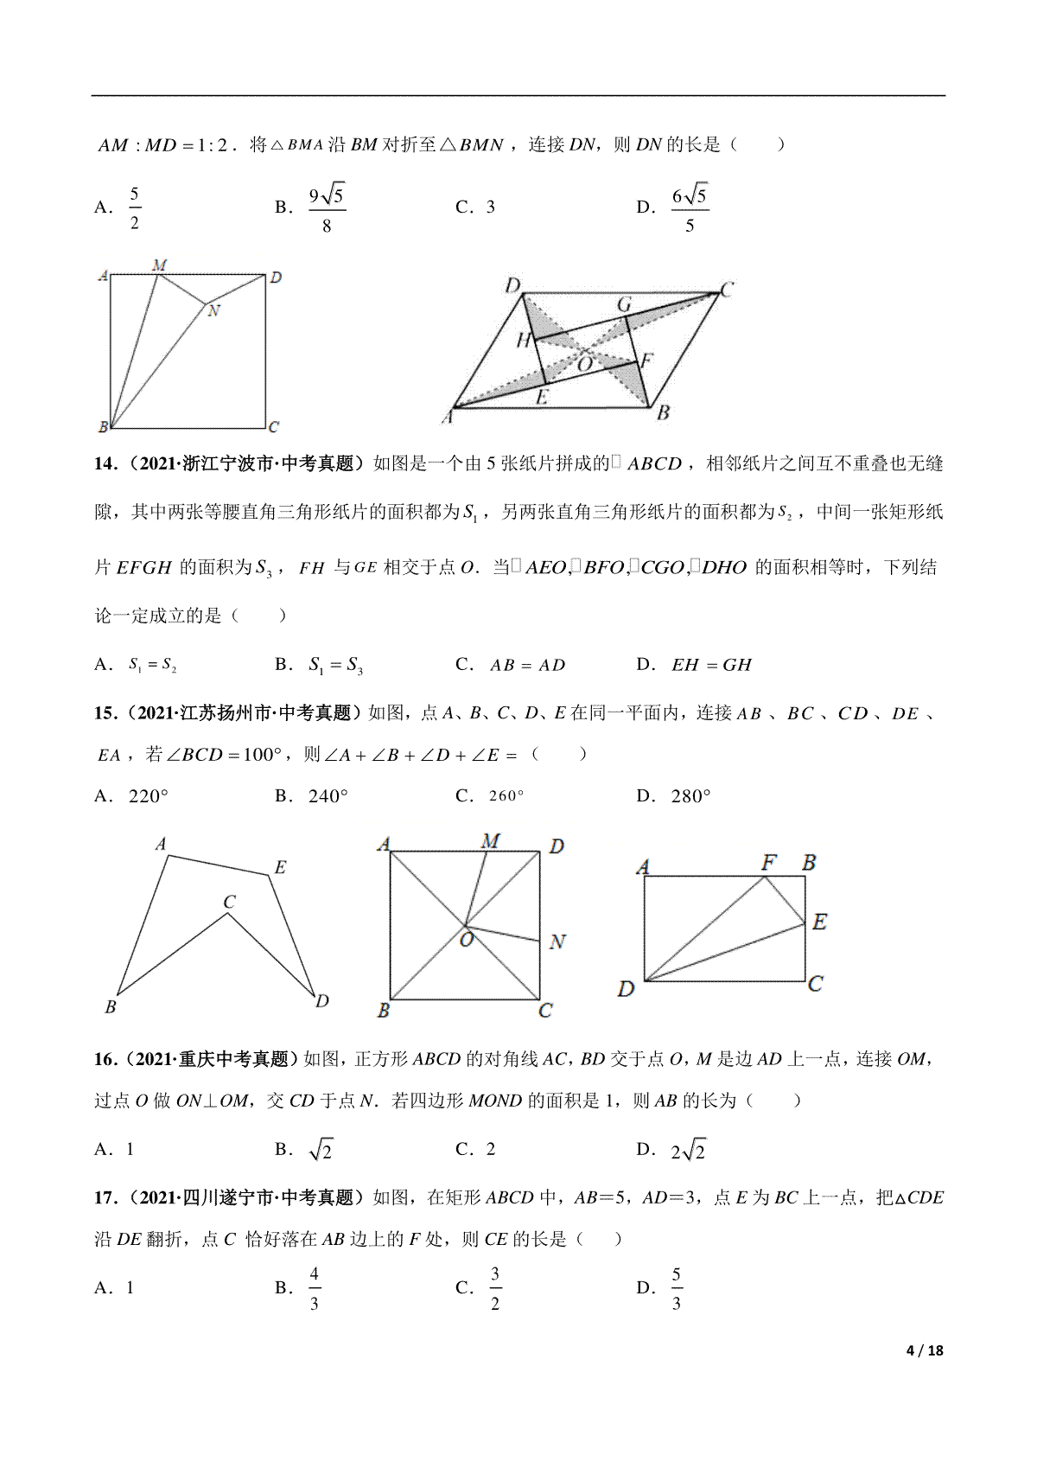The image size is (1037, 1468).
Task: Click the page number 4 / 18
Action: click(x=925, y=1350)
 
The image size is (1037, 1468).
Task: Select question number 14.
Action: click(x=105, y=464)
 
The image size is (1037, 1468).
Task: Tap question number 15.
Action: click(x=105, y=713)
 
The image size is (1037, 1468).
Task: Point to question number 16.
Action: click(x=105, y=1059)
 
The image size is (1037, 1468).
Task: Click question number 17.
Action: click(x=105, y=1197)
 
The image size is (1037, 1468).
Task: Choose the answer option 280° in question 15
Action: click(x=690, y=796)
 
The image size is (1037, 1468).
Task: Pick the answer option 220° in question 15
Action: click(x=148, y=796)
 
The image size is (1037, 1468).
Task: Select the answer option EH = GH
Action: click(x=711, y=665)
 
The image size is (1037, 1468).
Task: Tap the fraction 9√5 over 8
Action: click(x=327, y=209)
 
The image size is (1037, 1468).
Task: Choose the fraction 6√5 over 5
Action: click(x=690, y=209)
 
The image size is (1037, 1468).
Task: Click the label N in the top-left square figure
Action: click(x=213, y=311)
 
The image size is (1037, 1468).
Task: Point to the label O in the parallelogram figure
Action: click(x=585, y=364)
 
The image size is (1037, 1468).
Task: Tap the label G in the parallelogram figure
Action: click(x=624, y=304)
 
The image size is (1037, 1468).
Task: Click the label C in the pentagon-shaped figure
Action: click(x=229, y=902)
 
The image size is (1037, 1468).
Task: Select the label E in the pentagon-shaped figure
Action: click(x=280, y=867)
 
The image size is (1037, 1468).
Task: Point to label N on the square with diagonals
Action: click(x=557, y=941)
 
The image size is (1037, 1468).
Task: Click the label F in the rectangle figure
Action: click(x=768, y=862)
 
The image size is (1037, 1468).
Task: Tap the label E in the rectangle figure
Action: click(x=819, y=922)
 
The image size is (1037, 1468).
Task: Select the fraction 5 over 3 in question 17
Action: click(x=676, y=1288)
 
